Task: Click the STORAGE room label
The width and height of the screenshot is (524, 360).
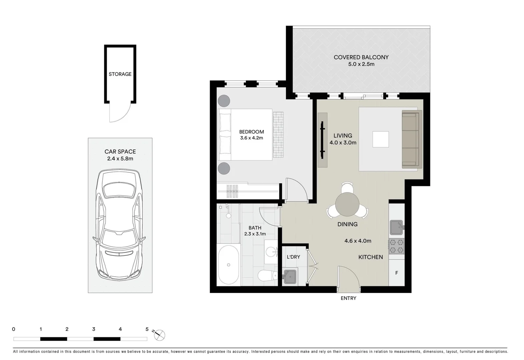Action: point(120,74)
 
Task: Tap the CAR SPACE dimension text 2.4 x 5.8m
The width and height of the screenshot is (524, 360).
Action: point(120,159)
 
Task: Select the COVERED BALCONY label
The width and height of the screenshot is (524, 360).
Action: point(361,57)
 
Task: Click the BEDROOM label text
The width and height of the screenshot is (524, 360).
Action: point(251,132)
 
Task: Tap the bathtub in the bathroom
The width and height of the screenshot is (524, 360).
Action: point(228,265)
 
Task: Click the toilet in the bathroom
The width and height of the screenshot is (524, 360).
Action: point(267,276)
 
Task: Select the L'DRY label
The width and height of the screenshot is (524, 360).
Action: point(293,257)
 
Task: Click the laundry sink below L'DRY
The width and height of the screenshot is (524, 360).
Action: point(290,276)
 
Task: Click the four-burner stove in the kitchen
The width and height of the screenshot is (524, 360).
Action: point(397,246)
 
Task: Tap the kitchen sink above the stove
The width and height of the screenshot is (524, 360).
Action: point(396,228)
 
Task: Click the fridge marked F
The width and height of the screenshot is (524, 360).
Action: point(397,273)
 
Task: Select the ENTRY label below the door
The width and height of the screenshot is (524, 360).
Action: point(348,298)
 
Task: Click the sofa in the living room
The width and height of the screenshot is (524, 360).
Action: point(412,139)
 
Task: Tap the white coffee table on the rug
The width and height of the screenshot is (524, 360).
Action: point(380,139)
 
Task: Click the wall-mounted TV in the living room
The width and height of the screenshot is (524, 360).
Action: point(322,140)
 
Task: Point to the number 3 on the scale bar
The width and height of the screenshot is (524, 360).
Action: point(94,329)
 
